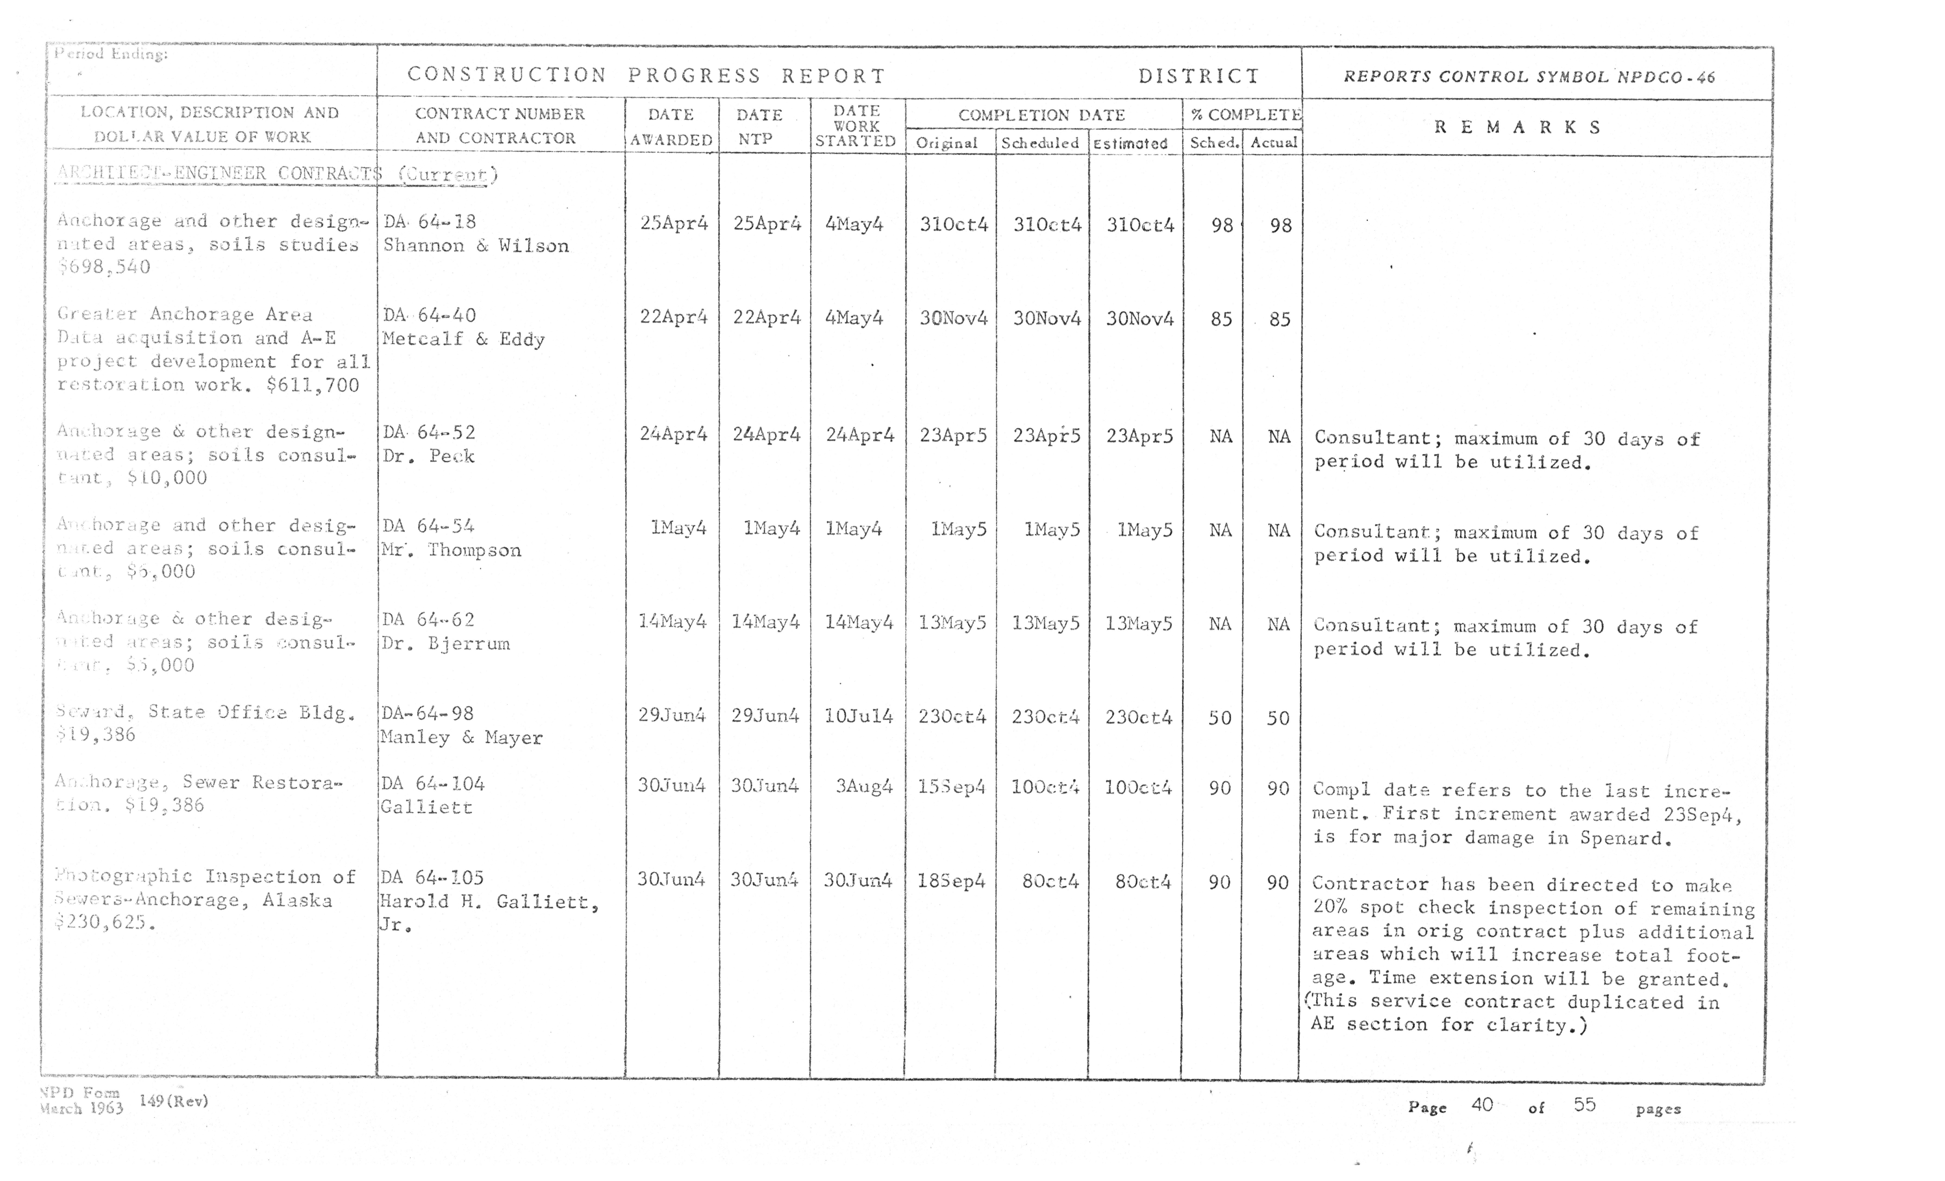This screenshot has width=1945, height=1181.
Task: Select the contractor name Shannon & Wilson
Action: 475,245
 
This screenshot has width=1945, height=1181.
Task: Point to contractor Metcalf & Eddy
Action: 463,339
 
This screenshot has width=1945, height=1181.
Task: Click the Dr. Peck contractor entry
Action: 429,456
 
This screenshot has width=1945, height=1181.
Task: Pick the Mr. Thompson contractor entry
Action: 451,550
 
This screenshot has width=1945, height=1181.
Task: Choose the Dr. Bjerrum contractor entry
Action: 446,643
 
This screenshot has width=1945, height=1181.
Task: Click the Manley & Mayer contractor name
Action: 461,737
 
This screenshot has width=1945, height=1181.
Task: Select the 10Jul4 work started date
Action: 858,716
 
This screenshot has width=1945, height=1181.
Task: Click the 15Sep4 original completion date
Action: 951,787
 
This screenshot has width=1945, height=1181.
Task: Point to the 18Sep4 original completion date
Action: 951,880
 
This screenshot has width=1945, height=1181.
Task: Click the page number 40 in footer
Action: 1482,1104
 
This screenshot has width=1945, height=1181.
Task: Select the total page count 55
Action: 1584,1104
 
